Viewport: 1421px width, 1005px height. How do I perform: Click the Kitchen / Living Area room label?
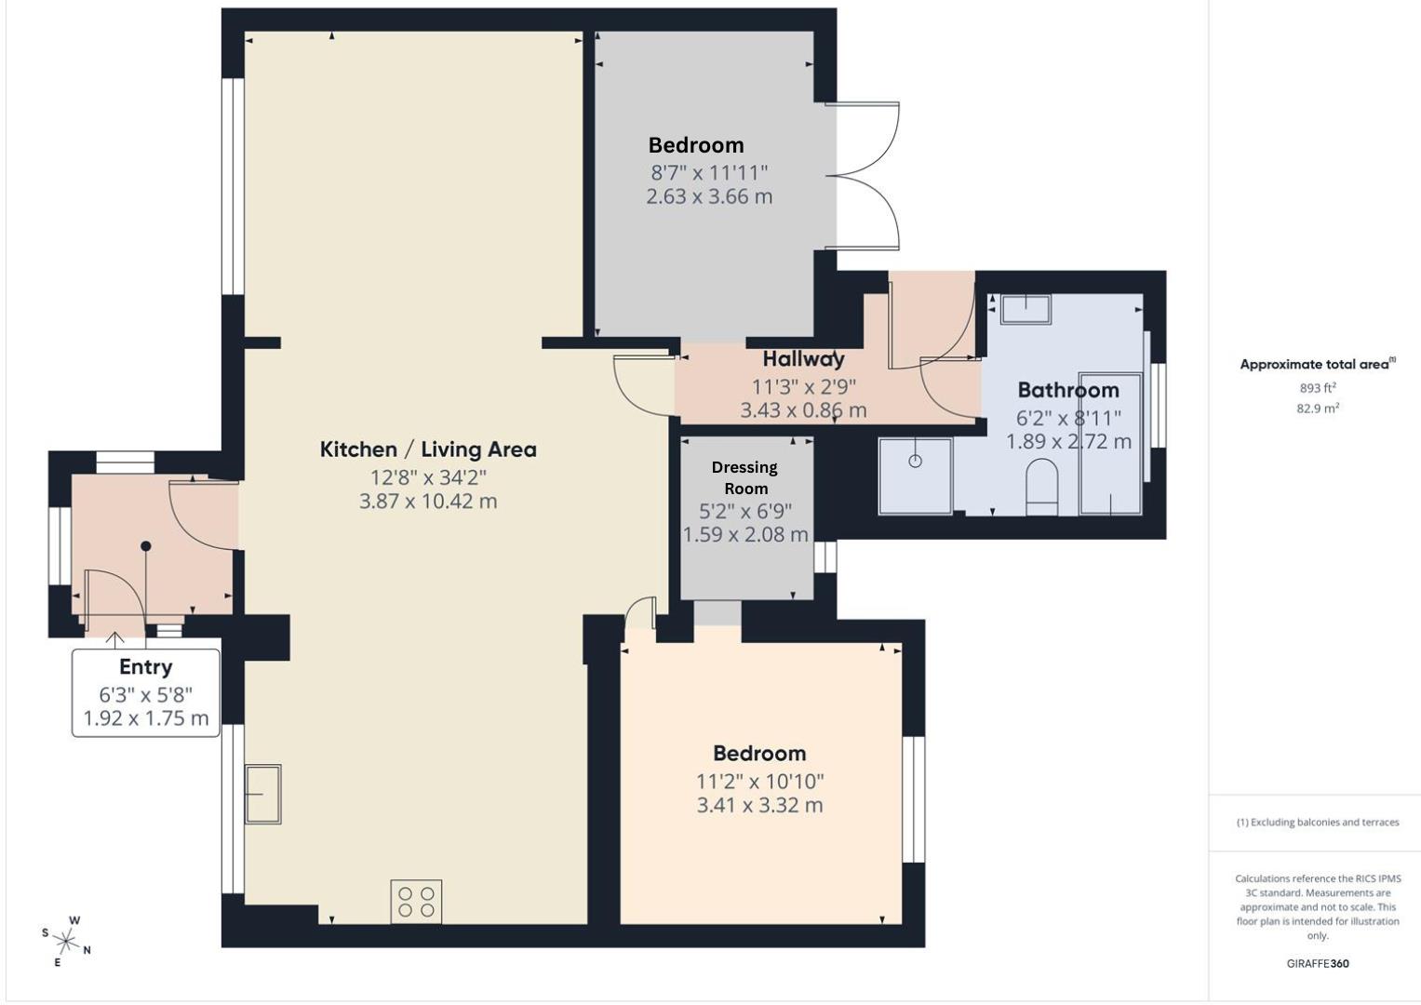click(x=428, y=449)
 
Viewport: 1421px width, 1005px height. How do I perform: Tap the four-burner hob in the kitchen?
click(x=416, y=901)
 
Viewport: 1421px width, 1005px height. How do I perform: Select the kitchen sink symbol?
click(x=262, y=794)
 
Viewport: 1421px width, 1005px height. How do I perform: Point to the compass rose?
click(x=66, y=941)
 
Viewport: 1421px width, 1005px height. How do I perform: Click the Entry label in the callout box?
click(x=145, y=667)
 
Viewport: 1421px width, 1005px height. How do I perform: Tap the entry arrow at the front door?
click(x=115, y=640)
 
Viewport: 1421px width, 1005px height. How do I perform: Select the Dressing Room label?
click(x=745, y=477)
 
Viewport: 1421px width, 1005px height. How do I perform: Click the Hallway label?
click(x=803, y=359)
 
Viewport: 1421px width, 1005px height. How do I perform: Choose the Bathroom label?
click(x=1067, y=390)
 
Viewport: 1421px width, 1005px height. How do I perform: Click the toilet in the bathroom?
click(x=1041, y=486)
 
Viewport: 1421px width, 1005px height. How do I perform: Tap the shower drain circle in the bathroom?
click(x=915, y=461)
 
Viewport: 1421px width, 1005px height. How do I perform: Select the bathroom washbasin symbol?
click(x=1026, y=309)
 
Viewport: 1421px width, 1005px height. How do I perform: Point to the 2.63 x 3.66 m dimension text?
click(x=709, y=197)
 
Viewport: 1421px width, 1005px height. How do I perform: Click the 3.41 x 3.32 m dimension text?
click(x=759, y=806)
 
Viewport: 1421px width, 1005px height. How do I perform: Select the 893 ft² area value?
click(x=1318, y=388)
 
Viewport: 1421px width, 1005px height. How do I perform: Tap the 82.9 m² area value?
click(x=1318, y=409)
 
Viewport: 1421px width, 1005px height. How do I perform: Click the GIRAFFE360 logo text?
click(x=1317, y=963)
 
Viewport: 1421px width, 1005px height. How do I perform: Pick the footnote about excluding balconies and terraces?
click(x=1317, y=822)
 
